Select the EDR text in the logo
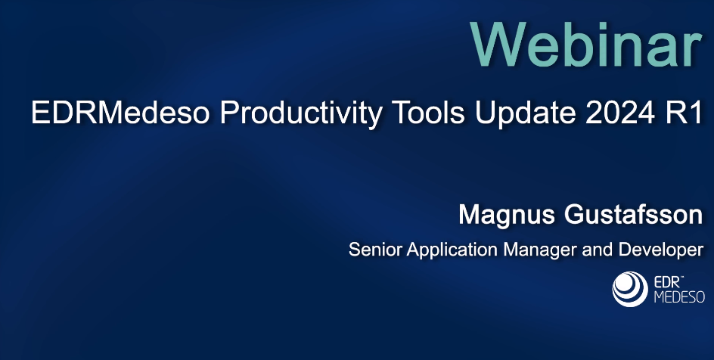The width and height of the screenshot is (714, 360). (662, 282)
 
